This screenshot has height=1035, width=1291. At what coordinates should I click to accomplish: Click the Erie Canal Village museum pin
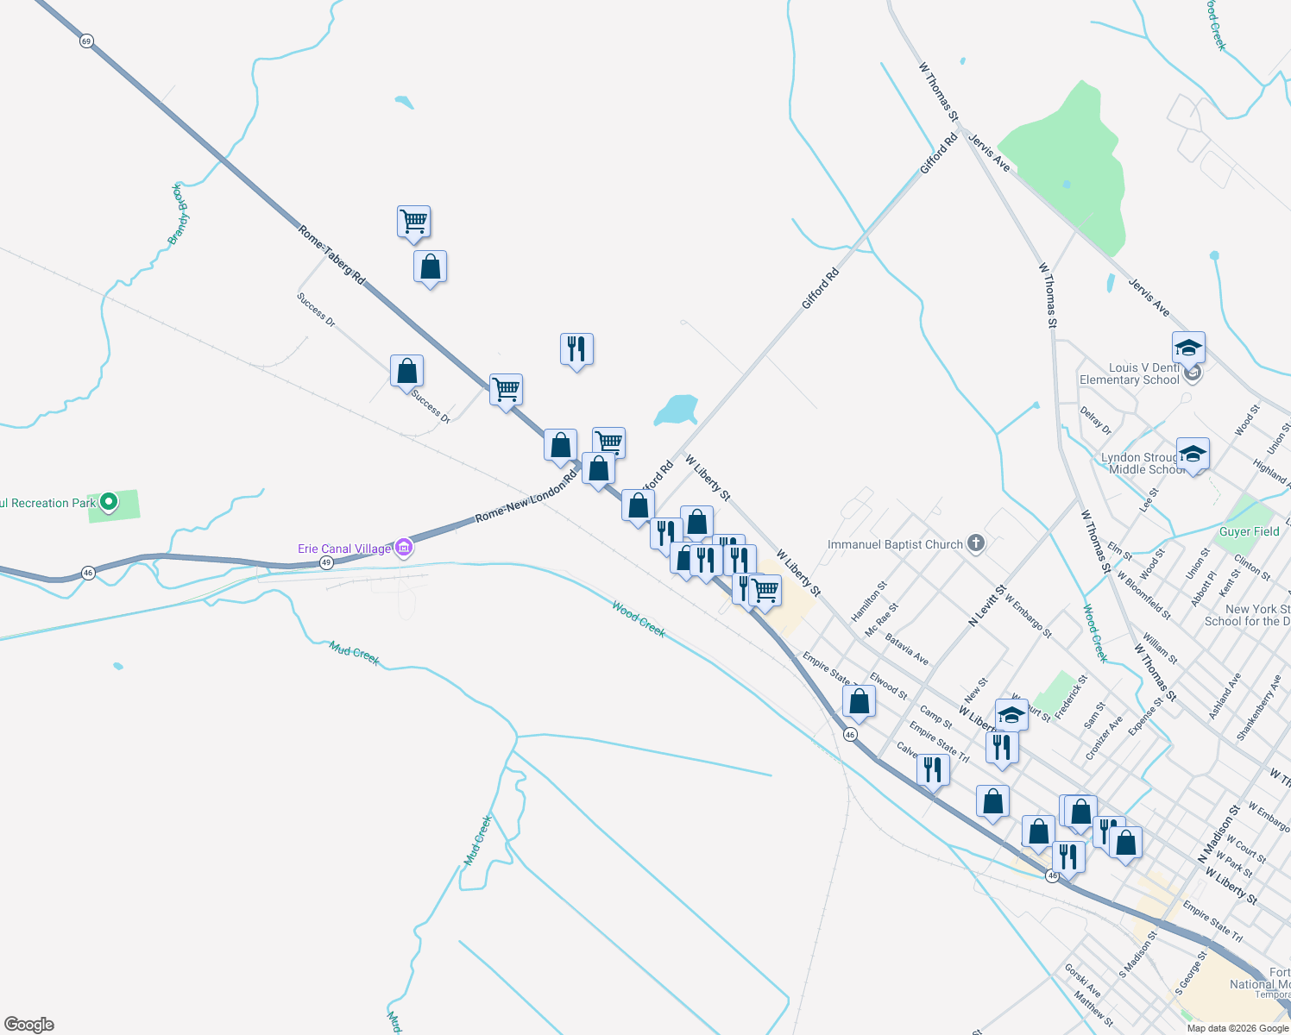click(403, 548)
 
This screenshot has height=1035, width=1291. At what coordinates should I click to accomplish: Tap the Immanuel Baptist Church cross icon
click(976, 543)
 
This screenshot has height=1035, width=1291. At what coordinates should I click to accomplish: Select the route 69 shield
click(86, 41)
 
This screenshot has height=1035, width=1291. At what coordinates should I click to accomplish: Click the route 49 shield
click(325, 562)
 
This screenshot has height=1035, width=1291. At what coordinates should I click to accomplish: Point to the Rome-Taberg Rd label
click(331, 255)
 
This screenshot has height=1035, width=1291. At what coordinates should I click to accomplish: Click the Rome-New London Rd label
click(526, 497)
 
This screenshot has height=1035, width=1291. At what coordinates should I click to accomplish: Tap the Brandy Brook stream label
click(179, 213)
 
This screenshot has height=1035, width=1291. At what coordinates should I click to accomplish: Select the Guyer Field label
click(1249, 531)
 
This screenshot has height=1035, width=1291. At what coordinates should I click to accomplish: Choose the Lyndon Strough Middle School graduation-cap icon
click(1193, 454)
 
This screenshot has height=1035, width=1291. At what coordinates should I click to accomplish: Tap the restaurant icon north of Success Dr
click(576, 349)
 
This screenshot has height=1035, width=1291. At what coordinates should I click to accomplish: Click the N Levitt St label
click(987, 605)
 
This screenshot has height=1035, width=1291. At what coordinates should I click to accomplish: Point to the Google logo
click(29, 1025)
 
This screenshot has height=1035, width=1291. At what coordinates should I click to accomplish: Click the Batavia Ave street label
click(907, 649)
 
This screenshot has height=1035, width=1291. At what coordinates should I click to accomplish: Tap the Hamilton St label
click(869, 601)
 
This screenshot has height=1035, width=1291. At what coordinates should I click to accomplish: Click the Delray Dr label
click(1096, 420)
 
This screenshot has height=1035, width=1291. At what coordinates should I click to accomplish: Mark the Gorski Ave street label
click(1082, 980)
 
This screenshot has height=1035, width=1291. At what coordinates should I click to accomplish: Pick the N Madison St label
click(1219, 834)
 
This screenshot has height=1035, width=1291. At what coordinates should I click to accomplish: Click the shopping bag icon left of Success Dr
click(406, 371)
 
